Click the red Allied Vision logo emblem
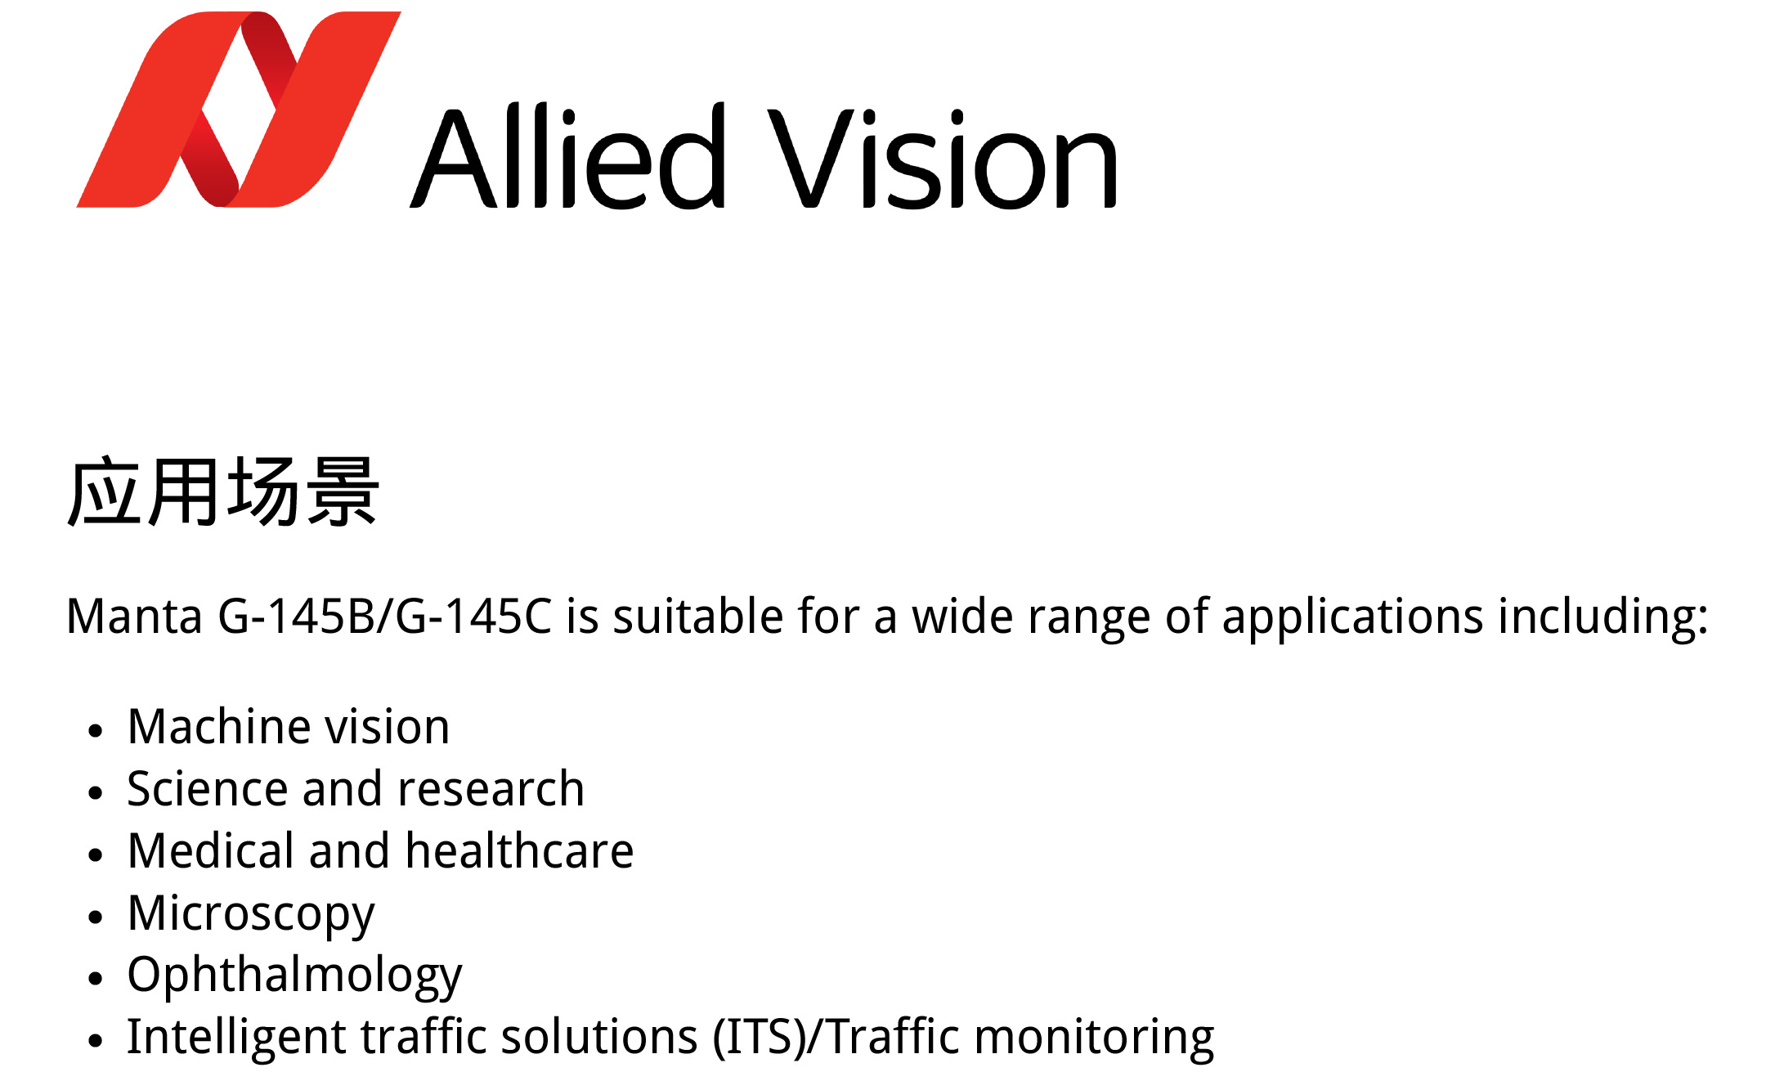coord(239,109)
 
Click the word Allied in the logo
coord(568,155)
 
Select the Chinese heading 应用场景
coord(223,491)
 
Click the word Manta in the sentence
coord(134,616)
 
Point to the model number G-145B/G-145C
coord(385,616)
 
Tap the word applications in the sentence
coord(1352,617)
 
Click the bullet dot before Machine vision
coord(96,730)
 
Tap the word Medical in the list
coord(211,850)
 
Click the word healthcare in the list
coord(520,850)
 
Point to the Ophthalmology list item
coord(295,976)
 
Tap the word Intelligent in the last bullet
coord(236,1037)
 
